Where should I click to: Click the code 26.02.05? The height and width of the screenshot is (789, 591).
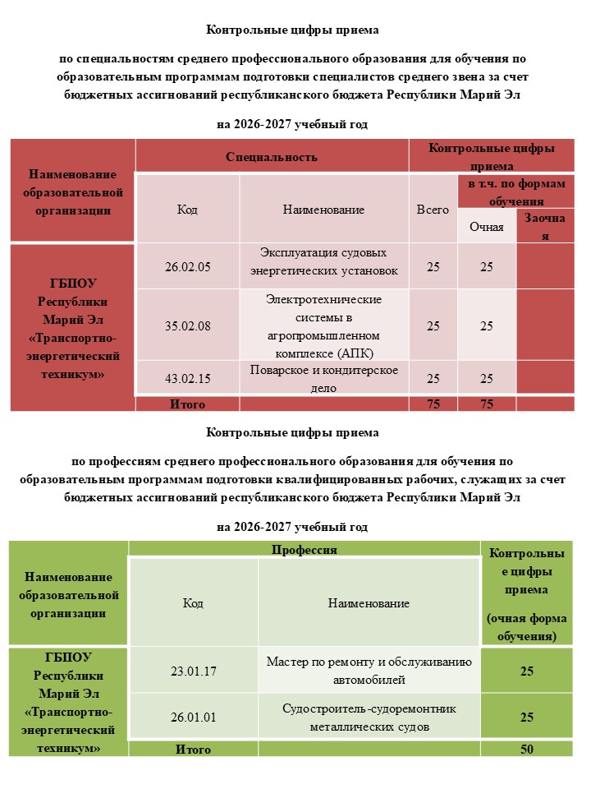point(188,266)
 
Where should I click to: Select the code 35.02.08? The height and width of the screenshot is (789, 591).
point(188,325)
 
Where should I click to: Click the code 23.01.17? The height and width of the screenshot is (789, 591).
point(194,671)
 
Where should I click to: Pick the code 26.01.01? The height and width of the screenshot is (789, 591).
point(194,717)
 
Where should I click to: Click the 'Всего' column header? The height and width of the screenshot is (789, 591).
point(433,210)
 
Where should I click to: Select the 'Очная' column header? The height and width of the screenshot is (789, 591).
point(487,226)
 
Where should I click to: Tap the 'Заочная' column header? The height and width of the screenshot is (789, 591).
point(545,226)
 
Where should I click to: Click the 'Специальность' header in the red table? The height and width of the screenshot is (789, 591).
point(272,156)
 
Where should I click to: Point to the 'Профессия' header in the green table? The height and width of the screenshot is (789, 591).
point(305,549)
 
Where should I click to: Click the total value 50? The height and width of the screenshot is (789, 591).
point(526,750)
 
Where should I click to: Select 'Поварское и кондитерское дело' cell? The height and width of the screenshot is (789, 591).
point(323,378)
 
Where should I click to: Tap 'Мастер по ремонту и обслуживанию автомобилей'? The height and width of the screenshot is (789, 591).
point(369,671)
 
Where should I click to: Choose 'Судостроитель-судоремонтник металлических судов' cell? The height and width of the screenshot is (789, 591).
point(369,717)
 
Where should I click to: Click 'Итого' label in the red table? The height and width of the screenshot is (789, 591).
point(187,404)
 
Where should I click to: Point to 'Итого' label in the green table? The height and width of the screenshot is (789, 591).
point(193,750)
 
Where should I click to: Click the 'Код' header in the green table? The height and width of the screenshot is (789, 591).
point(193,603)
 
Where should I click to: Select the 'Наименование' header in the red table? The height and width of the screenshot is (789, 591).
point(323,210)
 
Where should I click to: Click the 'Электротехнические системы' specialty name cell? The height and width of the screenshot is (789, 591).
point(323,326)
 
